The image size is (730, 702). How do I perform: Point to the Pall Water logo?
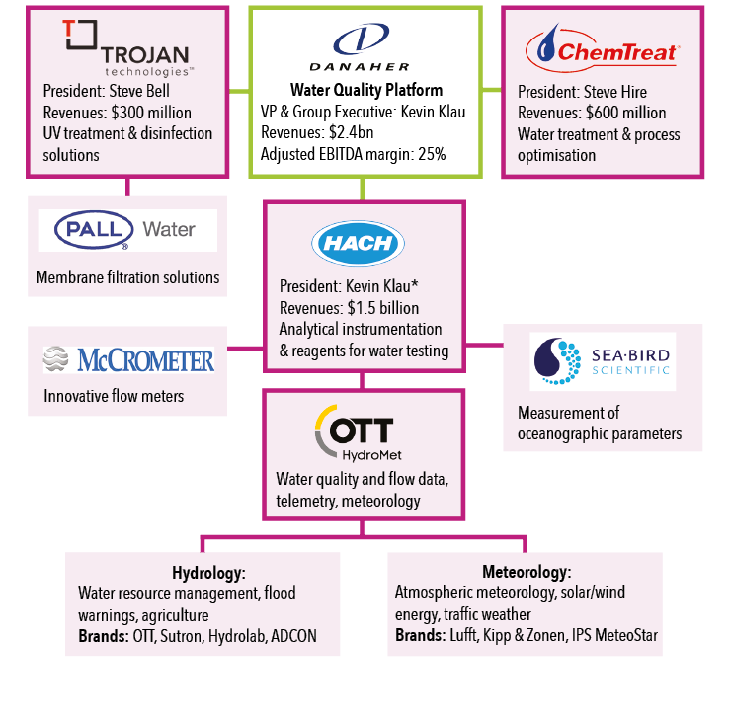coord(127,230)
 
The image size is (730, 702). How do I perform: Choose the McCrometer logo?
coord(128,359)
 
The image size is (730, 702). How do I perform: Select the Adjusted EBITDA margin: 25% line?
coord(353,154)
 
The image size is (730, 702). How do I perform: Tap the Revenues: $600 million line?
coord(592,113)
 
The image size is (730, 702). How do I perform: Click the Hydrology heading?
coord(208,573)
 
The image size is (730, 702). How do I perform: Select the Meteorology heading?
coord(527,573)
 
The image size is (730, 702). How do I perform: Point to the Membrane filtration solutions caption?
coord(127,277)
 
